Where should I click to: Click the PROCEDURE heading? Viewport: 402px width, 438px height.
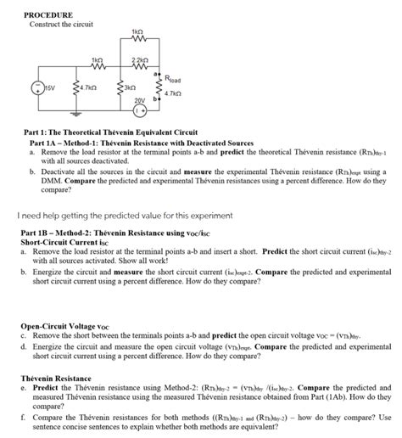(x=47, y=15)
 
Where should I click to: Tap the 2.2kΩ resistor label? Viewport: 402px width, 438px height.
(x=141, y=59)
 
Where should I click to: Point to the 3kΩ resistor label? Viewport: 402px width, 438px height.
(x=129, y=87)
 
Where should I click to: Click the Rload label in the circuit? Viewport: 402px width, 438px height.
(x=173, y=81)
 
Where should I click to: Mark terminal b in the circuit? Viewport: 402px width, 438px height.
(x=154, y=98)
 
